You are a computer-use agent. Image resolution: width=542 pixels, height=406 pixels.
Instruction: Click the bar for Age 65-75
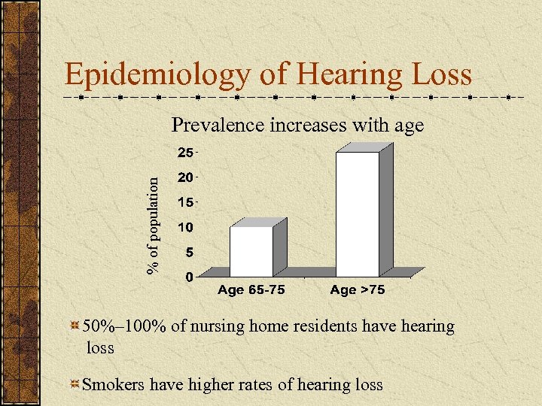(x=251, y=251)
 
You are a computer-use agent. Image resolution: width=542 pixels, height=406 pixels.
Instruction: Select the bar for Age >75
(x=358, y=214)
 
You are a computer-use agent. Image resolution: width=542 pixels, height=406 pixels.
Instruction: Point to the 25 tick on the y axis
(x=184, y=153)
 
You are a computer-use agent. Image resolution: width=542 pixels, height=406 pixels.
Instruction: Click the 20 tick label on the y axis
(x=184, y=177)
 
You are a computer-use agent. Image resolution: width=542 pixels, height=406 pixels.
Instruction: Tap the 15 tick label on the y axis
(x=184, y=202)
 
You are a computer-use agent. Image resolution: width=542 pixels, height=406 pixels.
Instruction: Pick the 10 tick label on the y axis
(x=184, y=227)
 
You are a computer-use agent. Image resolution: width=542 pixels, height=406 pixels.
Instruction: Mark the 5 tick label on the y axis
(x=188, y=252)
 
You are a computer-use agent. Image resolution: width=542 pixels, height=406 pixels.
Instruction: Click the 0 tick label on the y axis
(x=188, y=277)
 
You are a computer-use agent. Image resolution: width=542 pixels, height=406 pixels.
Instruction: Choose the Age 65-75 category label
(x=251, y=290)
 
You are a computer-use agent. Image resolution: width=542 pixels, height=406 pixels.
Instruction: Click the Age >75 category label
(x=358, y=290)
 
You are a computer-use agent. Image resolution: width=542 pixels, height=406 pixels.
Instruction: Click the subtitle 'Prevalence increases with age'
(x=298, y=125)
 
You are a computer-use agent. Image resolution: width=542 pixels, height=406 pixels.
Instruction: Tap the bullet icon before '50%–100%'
(x=75, y=327)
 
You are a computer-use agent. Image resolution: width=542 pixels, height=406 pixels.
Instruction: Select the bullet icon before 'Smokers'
(x=75, y=385)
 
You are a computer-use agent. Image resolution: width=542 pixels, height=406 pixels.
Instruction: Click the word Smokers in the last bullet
(x=114, y=385)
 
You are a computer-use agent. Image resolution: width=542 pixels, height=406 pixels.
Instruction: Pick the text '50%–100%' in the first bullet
(x=114, y=326)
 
